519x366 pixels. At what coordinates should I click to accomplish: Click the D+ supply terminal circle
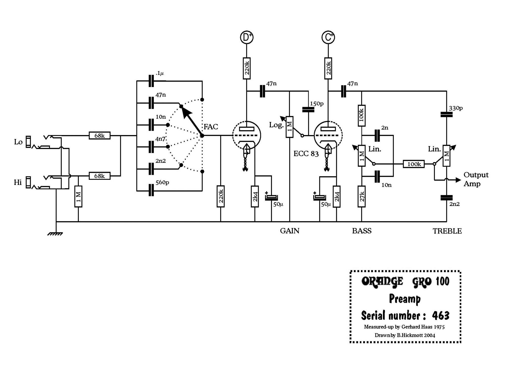(247, 37)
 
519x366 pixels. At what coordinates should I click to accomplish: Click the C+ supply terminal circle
(328, 37)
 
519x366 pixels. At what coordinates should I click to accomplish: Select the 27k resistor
(362, 196)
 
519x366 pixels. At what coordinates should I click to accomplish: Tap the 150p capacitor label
(317, 104)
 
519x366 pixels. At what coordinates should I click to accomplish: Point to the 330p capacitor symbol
(447, 115)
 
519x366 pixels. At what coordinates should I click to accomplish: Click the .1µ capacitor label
(160, 73)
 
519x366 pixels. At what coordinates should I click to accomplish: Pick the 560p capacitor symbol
(151, 190)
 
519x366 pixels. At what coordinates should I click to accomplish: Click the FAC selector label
(211, 126)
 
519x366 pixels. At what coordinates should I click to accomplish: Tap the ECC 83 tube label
(306, 154)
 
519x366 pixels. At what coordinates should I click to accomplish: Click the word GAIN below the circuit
(290, 231)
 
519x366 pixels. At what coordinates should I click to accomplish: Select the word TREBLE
(447, 231)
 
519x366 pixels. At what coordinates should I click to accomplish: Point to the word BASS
(362, 231)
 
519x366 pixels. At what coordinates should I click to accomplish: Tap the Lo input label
(18, 142)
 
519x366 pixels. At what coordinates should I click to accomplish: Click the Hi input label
(18, 182)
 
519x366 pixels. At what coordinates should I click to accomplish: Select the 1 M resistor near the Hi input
(78, 196)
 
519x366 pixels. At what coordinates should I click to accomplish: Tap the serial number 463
(441, 315)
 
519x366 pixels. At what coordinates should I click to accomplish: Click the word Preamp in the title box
(405, 299)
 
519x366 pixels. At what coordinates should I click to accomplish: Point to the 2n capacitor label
(384, 128)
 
